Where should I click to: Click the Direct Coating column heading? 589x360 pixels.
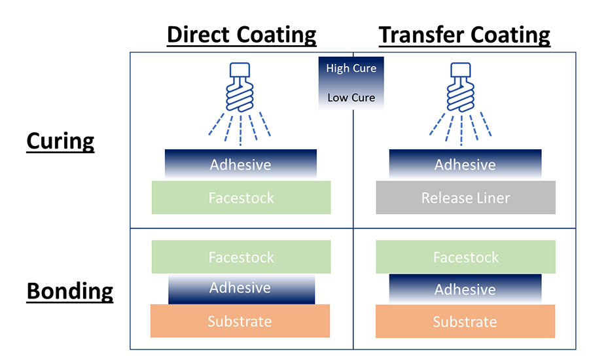[241, 34]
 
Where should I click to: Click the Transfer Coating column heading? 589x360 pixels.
[465, 34]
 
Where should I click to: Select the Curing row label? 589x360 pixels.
[60, 141]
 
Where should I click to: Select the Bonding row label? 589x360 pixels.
[69, 291]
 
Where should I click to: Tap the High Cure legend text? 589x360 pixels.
[351, 68]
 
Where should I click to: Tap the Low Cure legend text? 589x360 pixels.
[351, 98]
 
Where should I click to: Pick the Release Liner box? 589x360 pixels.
[465, 198]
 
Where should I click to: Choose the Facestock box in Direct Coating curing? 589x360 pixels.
[241, 198]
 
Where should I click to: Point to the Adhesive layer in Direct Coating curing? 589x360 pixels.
[240, 164]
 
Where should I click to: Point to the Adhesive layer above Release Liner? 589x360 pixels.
[465, 164]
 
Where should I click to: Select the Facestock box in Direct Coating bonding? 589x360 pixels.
[241, 257]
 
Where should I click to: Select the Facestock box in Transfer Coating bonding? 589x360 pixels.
[465, 257]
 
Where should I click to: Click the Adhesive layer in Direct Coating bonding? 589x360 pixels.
[241, 289]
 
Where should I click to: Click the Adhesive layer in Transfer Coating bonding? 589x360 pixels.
[465, 289]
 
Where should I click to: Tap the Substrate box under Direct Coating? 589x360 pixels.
[240, 321]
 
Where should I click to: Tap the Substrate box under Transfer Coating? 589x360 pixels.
[465, 321]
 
